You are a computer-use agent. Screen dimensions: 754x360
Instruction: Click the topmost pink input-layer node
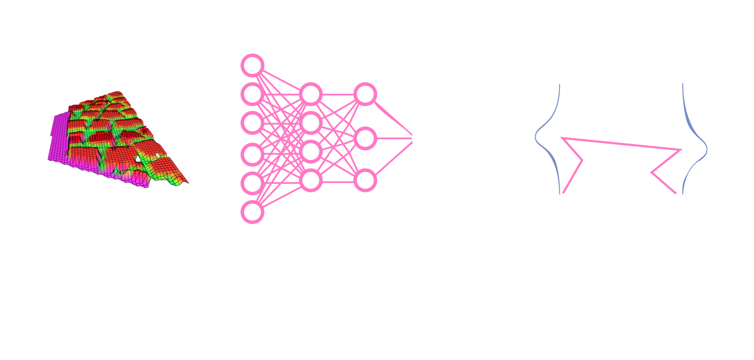(252, 65)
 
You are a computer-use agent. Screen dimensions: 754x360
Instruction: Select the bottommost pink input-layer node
(252, 212)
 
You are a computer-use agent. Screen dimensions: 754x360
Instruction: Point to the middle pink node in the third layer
(365, 139)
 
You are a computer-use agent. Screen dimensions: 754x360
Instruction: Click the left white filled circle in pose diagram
(562, 131)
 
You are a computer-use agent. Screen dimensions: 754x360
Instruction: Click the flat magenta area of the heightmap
(59, 139)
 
